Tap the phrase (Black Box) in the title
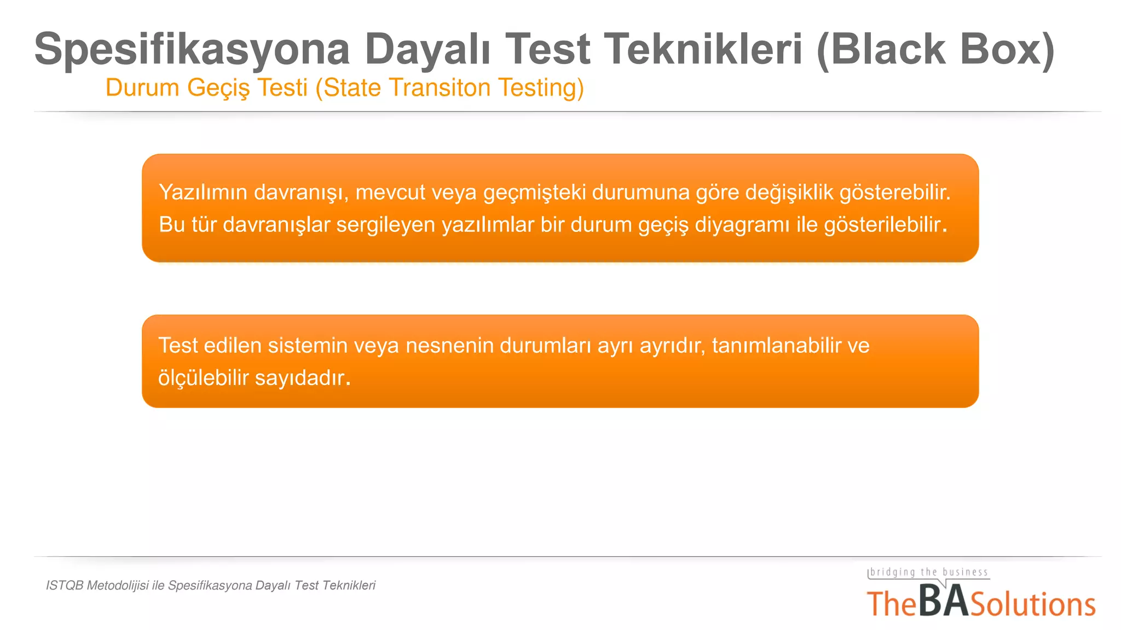[935, 49]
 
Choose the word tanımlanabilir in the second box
[776, 346]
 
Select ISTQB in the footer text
[65, 586]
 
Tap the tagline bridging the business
[929, 573]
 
